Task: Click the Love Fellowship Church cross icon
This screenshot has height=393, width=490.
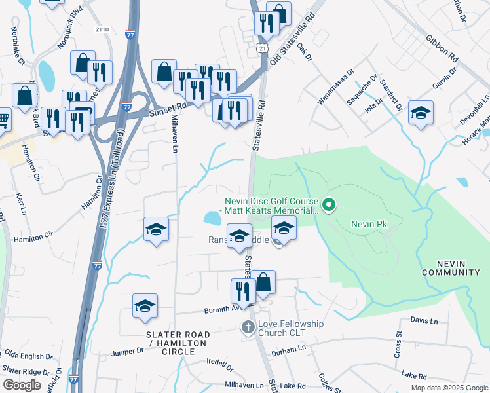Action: pyautogui.click(x=248, y=327)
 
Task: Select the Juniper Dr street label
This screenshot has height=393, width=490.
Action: pyautogui.click(x=128, y=351)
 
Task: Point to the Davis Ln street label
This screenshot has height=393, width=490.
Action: pyautogui.click(x=424, y=321)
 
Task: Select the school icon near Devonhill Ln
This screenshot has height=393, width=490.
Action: pyautogui.click(x=421, y=113)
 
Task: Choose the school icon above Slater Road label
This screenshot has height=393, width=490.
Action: pyautogui.click(x=145, y=305)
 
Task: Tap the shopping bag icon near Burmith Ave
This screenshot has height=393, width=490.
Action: pyautogui.click(x=263, y=282)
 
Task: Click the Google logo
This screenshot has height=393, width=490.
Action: pyautogui.click(x=22, y=385)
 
